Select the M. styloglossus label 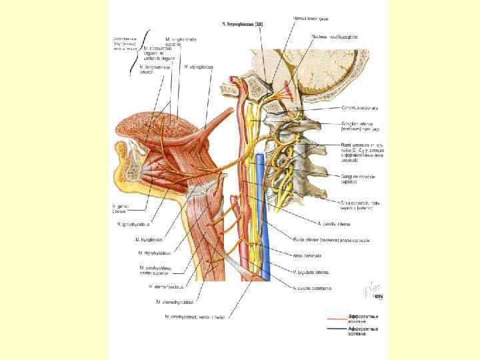(x=187, y=67)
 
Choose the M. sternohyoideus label (x=174, y=301)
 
